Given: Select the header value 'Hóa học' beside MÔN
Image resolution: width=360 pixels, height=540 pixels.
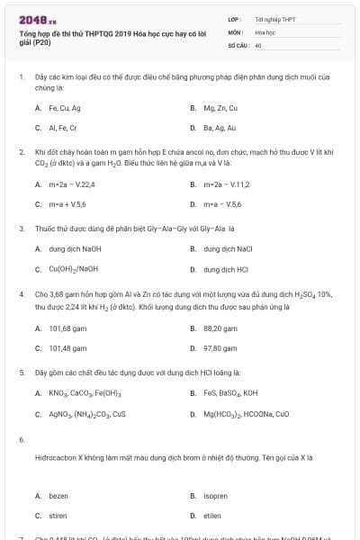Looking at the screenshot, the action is [265, 31].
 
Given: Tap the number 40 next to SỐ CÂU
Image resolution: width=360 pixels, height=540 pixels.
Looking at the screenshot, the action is [258, 44].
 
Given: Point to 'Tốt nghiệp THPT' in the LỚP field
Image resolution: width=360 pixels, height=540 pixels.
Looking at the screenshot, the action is [275, 19].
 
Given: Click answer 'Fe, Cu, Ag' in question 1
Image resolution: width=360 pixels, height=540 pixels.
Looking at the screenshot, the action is [67, 108].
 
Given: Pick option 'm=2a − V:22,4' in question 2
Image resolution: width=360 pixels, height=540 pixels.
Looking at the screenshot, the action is [74, 184].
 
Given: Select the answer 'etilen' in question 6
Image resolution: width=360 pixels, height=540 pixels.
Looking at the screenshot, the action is [213, 516].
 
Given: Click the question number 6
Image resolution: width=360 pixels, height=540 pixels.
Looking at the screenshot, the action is [22, 438].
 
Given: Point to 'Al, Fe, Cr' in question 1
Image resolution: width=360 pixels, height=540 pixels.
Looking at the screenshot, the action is [66, 128].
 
